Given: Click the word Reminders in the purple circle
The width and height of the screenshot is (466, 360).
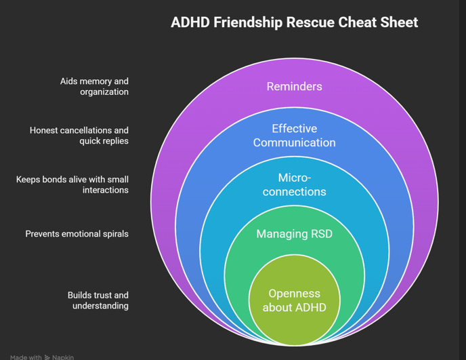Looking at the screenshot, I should (x=294, y=87).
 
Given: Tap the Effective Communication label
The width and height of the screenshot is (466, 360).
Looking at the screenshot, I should (x=294, y=136).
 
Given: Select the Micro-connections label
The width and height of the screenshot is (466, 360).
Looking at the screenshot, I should (x=294, y=184).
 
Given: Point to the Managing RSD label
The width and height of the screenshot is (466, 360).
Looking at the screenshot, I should (x=294, y=235).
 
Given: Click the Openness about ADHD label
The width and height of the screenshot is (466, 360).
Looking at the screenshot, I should (x=294, y=300).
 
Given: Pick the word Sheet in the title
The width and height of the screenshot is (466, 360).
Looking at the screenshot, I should (x=398, y=22).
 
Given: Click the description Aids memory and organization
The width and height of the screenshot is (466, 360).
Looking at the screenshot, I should (x=94, y=86).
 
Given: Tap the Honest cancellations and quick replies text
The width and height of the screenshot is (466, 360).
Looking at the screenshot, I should (x=79, y=136).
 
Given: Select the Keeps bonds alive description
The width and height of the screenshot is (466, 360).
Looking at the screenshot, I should (x=72, y=184).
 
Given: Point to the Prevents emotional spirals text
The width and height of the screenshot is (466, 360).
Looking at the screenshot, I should (x=77, y=234).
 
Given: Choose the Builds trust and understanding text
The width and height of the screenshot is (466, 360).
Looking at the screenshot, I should (x=98, y=300).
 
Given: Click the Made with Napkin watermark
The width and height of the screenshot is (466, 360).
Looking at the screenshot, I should (x=42, y=357).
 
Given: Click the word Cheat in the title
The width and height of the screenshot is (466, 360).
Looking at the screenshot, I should (x=357, y=22).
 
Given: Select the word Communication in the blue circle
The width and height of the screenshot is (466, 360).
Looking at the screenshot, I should (x=294, y=143).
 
